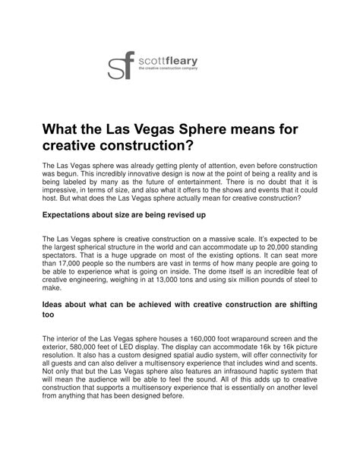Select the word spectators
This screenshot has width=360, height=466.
tap(63, 258)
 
